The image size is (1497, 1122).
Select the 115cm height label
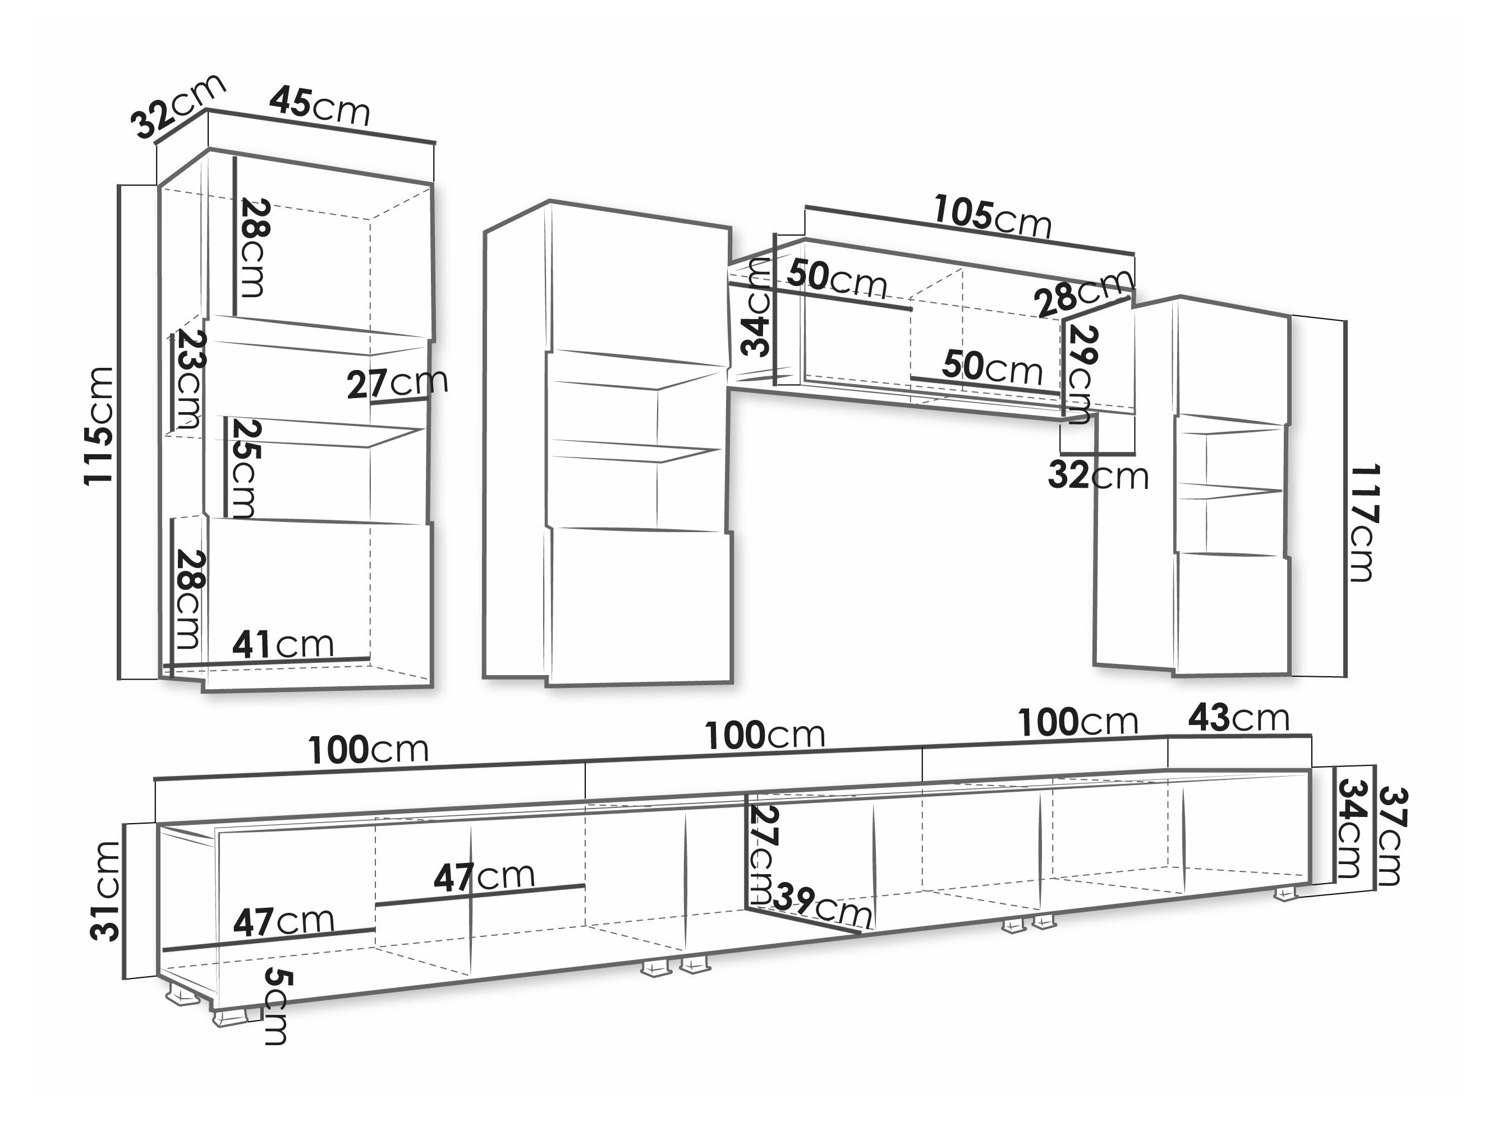[99, 426]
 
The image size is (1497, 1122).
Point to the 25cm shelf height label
[242, 468]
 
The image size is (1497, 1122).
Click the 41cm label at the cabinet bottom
[283, 644]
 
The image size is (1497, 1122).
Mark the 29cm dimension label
[1081, 374]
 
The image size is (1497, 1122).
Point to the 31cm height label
[105, 890]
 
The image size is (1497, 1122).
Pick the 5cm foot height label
[276, 1006]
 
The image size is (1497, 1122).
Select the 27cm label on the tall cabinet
[397, 384]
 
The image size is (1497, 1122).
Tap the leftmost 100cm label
[369, 749]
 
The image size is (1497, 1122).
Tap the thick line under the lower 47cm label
[269, 940]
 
